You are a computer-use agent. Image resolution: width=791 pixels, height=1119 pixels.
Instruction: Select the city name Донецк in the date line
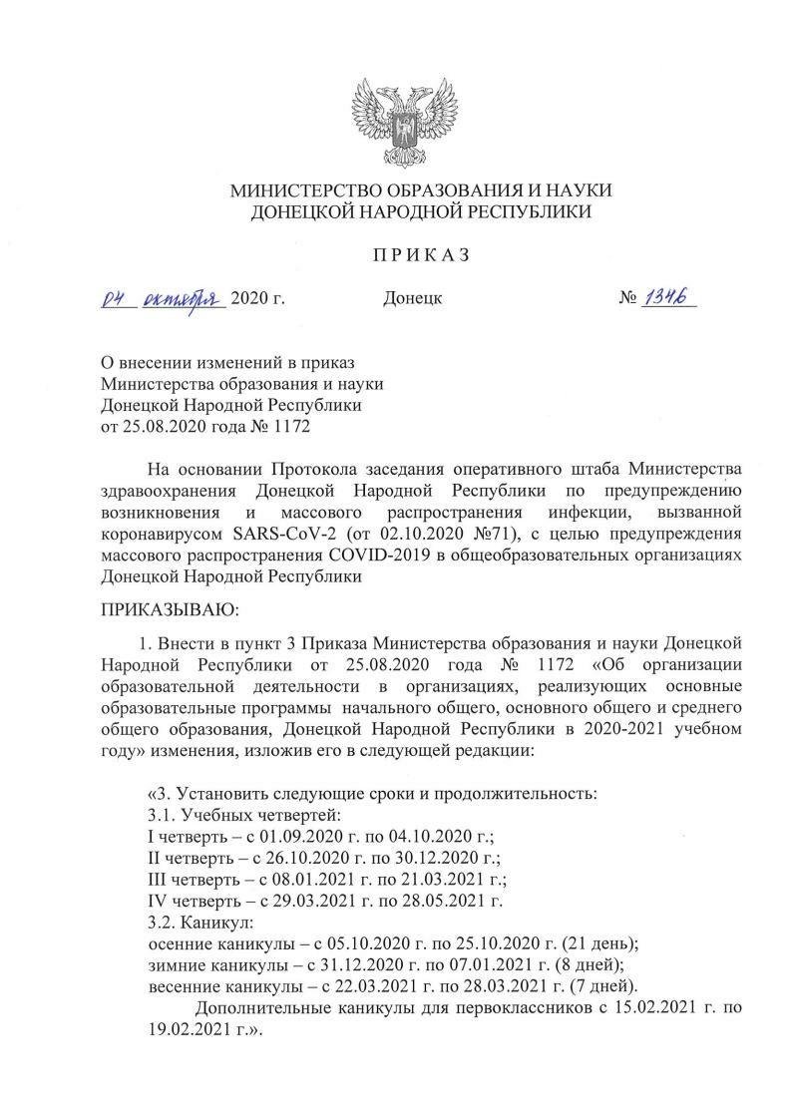[412, 298]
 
